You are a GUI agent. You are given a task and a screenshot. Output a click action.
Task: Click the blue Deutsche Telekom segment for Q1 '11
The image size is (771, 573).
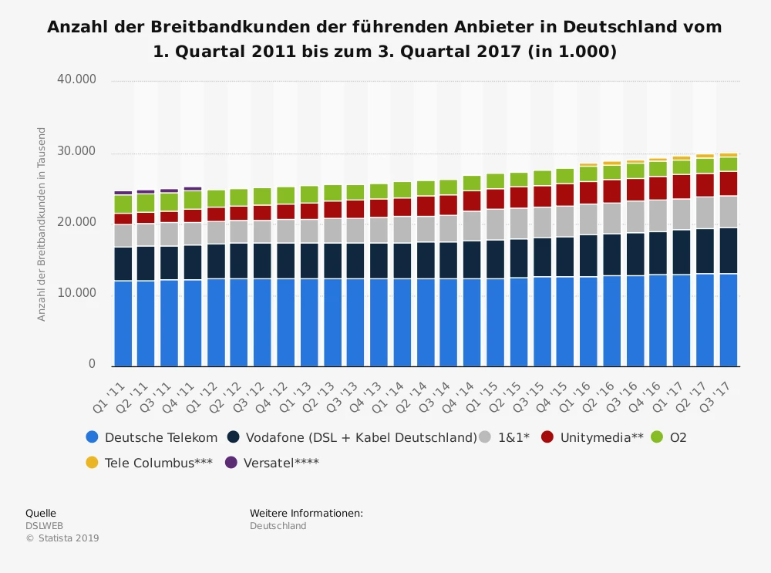tap(123, 323)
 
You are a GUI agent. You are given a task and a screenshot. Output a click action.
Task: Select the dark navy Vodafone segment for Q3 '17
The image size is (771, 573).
tap(729, 251)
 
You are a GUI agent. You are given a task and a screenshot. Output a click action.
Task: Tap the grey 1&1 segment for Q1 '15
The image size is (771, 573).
tap(496, 224)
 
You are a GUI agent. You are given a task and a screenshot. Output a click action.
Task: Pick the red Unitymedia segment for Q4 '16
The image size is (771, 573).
tap(658, 188)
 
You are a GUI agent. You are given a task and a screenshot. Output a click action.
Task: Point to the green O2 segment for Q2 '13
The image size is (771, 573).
tap(333, 193)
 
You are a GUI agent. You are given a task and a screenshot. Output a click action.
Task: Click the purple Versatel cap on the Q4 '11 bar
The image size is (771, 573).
tap(193, 188)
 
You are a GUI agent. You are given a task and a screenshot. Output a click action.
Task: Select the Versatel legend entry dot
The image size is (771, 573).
tap(231, 463)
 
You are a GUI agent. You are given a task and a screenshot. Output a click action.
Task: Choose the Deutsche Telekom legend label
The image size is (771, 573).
tap(161, 437)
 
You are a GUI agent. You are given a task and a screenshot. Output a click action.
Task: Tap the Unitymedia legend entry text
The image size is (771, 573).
tap(601, 437)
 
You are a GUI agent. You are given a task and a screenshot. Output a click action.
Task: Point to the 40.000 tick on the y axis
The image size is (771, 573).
tap(76, 79)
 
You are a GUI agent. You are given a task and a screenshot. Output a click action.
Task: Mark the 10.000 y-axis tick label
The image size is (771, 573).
tap(76, 293)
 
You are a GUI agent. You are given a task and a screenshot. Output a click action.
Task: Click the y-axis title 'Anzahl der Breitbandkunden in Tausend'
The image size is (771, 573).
tap(42, 224)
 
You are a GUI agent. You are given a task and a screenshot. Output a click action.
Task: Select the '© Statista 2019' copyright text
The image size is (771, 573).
tap(62, 538)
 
